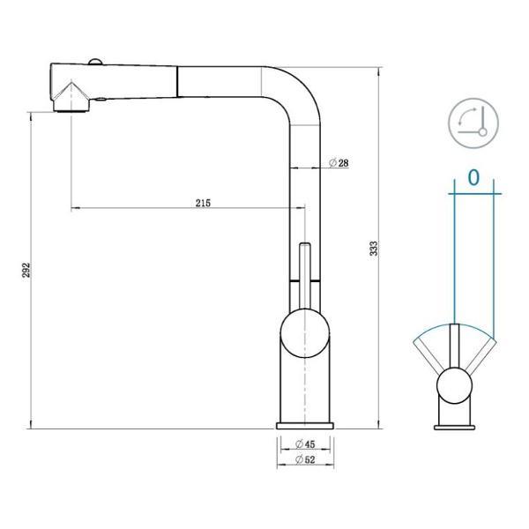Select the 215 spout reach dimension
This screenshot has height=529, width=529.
(202, 202)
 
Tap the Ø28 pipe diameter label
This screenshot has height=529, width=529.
(339, 163)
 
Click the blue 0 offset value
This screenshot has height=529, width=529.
(473, 177)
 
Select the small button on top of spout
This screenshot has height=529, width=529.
(93, 61)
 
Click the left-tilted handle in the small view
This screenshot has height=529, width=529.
(435, 355)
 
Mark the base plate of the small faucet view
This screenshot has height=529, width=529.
(455, 426)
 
